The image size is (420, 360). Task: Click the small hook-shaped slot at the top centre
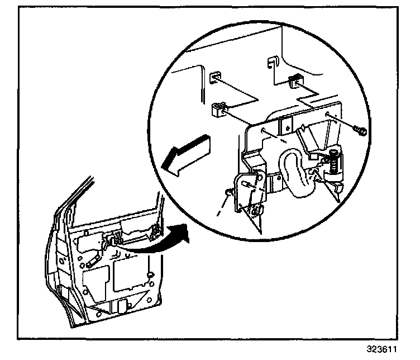click(273, 61)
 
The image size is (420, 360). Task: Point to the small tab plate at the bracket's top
click(287, 124)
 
